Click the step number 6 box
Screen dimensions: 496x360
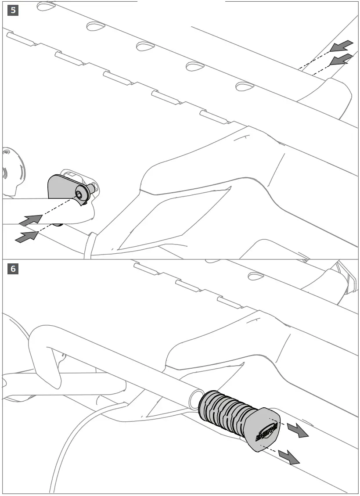click(13, 269)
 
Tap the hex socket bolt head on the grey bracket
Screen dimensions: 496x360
click(79, 194)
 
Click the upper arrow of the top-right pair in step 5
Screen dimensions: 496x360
click(342, 45)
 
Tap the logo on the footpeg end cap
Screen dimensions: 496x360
click(267, 431)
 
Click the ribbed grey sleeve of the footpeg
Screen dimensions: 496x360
click(224, 413)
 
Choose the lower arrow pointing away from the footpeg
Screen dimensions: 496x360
click(290, 457)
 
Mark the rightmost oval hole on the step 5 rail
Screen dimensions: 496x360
click(245, 86)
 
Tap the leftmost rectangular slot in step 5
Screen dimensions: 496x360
click(20, 39)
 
